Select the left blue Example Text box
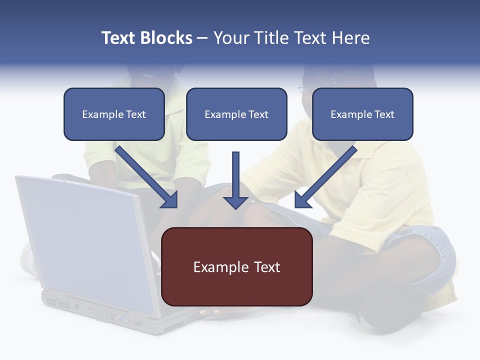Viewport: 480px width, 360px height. [x=114, y=114]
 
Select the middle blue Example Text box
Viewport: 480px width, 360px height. [x=236, y=114]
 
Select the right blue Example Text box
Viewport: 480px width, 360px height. [x=362, y=114]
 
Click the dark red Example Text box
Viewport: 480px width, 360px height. [x=237, y=267]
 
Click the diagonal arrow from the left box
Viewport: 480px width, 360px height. [x=145, y=175]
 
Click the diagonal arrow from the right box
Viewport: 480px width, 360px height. [x=327, y=175]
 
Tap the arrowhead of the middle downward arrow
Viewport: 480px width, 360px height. [x=236, y=202]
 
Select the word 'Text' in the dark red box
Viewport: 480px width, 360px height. [x=267, y=267]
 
